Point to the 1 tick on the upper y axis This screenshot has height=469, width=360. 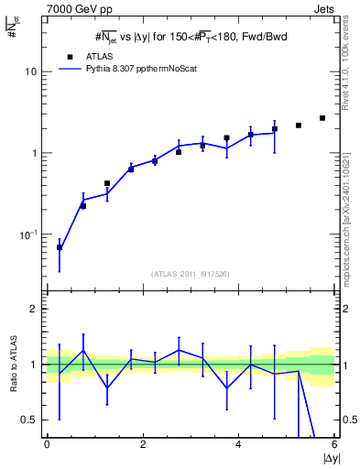pyautogui.click(x=34, y=153)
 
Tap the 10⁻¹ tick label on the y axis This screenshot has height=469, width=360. pyautogui.click(x=29, y=234)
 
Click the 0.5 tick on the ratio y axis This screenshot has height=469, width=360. pyautogui.click(x=30, y=420)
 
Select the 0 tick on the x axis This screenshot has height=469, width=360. pyautogui.click(x=47, y=444)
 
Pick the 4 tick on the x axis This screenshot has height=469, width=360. pyautogui.click(x=238, y=444)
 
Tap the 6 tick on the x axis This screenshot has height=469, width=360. pyautogui.click(x=334, y=444)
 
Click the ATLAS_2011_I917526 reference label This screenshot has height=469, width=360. pyautogui.click(x=190, y=273)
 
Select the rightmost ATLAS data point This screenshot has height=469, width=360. pyautogui.click(x=322, y=118)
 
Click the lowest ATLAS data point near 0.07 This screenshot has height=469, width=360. pyautogui.click(x=60, y=247)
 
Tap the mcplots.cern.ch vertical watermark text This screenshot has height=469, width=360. pyautogui.click(x=345, y=211)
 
